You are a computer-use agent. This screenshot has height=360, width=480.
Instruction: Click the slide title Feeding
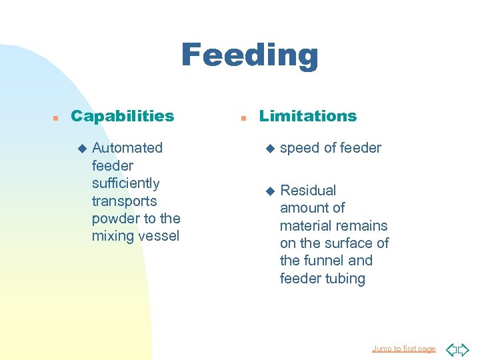249,55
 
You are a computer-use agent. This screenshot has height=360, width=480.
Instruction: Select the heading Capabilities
122,116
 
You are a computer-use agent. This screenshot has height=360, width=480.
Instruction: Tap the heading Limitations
308,116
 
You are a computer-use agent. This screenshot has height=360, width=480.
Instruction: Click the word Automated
127,148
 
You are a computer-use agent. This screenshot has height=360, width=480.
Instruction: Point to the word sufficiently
125,183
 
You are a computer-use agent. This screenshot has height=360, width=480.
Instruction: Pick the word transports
124,201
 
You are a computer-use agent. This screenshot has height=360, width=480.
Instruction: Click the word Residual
308,191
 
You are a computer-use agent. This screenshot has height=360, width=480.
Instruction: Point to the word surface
348,243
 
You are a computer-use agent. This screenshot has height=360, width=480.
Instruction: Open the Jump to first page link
403,349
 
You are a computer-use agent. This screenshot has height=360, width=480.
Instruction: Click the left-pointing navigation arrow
450,349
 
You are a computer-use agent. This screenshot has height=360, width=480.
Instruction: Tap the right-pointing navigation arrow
463,349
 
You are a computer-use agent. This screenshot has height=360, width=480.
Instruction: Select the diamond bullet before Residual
270,191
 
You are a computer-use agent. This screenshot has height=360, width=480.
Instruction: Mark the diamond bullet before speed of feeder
270,149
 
